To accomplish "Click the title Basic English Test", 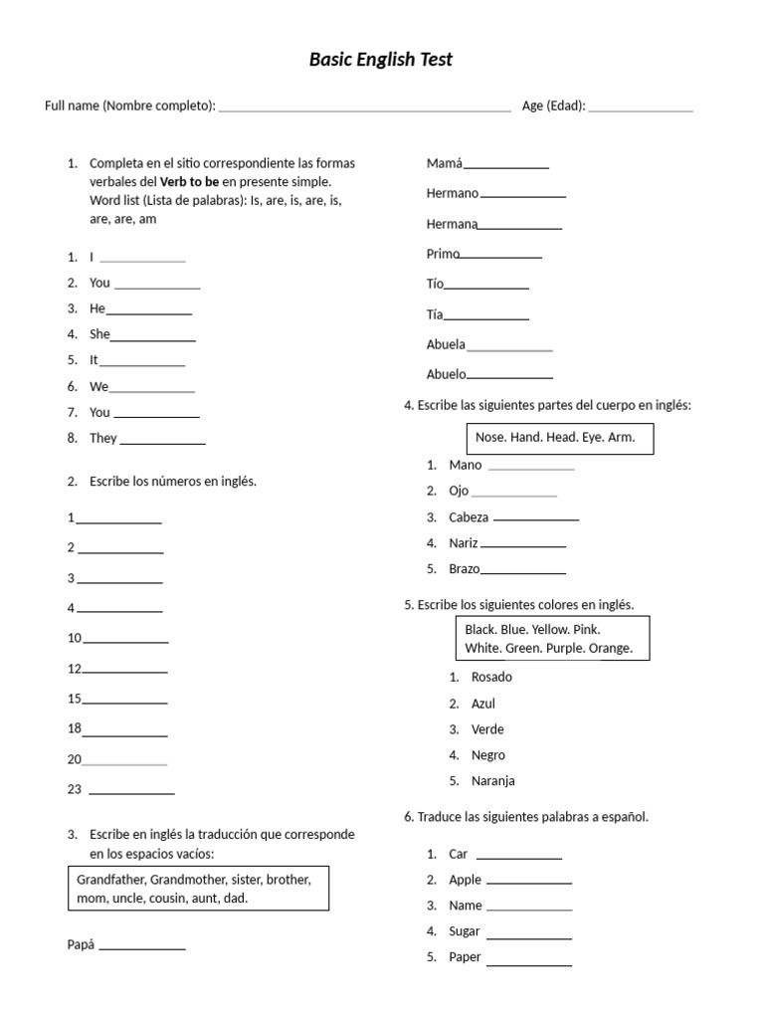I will point(381,60).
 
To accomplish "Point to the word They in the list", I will point(103,438).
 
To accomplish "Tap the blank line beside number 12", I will point(125,671).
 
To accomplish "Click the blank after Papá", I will point(142,947).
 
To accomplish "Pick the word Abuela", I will point(446,344).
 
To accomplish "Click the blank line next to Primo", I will point(500,256).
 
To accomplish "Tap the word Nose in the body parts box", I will point(490,437).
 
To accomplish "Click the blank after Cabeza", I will point(536,518).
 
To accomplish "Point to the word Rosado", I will point(491,677).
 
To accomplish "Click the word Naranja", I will point(492,781).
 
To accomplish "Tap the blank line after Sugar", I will point(529,936).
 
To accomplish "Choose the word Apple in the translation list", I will point(465,880).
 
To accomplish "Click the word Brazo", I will point(464,569).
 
